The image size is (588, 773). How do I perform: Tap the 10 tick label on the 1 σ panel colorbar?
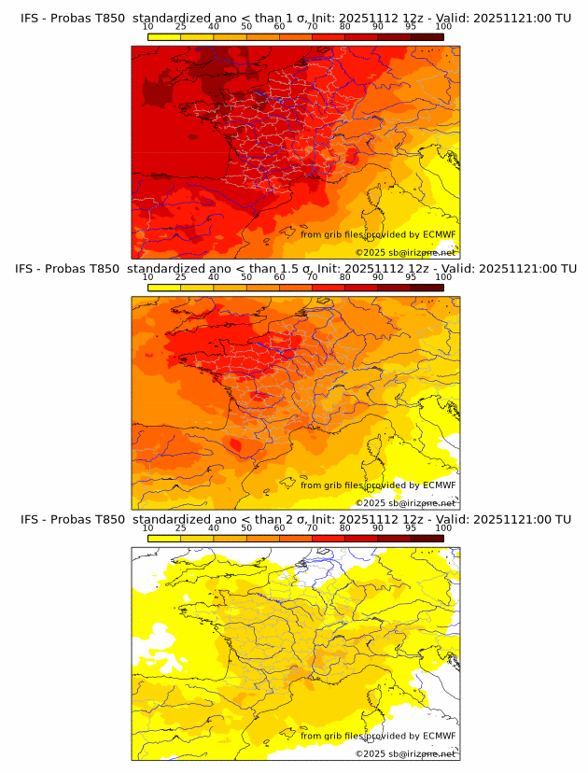point(147,26)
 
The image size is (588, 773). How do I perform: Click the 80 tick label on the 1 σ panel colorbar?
point(344,26)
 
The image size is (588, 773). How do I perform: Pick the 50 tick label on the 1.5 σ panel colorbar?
point(246,277)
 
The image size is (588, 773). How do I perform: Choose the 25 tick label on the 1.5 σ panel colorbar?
point(180,277)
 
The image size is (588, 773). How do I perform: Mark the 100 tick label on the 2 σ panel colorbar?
point(443,528)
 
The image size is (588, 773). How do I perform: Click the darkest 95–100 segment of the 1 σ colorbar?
point(427,36)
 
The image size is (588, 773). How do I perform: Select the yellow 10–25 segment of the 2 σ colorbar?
point(164,538)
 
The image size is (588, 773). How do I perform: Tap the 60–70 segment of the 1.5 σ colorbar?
point(296,288)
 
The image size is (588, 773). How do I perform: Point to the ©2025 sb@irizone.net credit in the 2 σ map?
point(405,753)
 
